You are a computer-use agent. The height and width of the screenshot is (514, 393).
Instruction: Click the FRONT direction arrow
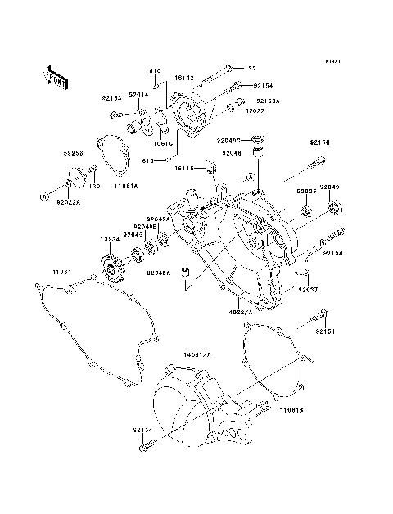pos(55,76)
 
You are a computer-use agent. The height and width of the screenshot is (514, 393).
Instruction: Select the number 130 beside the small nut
pos(95,187)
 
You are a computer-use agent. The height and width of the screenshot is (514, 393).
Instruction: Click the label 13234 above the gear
pos(111,240)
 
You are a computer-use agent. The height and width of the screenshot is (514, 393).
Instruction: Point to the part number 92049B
pos(147,226)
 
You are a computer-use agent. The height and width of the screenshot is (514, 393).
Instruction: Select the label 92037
pos(308,290)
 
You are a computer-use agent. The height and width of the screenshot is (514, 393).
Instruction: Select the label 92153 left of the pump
pos(111,97)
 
